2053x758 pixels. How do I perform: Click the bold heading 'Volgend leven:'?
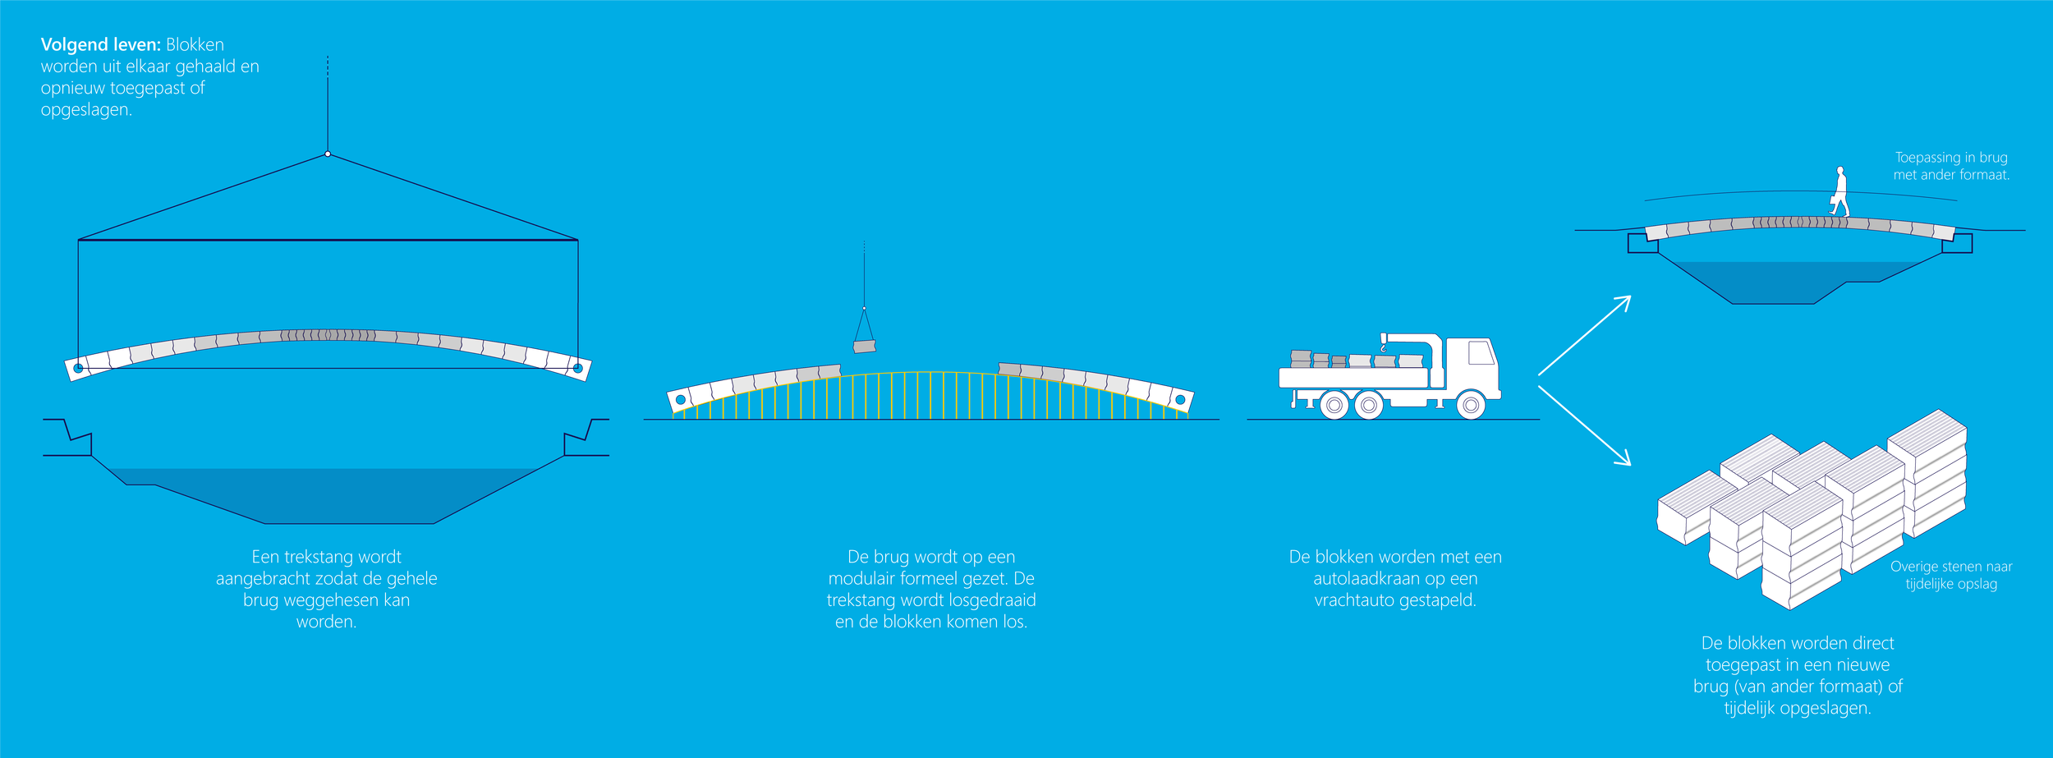pos(100,45)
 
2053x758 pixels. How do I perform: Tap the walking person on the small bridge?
pos(1841,192)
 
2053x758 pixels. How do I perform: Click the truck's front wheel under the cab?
pos(1471,405)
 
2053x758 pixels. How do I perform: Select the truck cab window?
pos(1481,353)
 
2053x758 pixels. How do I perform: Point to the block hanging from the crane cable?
pos(864,347)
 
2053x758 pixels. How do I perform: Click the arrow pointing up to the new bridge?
pos(1585,335)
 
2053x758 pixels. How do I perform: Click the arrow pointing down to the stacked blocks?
pos(1585,425)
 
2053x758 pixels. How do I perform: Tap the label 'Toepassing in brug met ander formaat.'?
pos(1951,166)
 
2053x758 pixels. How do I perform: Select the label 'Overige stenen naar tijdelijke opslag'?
pos(1951,575)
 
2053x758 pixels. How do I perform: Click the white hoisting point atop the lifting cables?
pos(328,154)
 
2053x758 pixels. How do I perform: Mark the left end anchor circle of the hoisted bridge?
pos(79,368)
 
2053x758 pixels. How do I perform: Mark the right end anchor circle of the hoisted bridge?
pos(577,368)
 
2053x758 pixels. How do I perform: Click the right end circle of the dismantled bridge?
pos(1180,400)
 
